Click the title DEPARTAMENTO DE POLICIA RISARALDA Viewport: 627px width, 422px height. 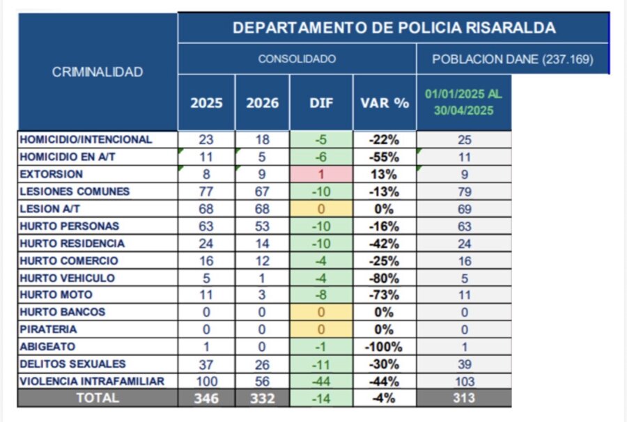394,28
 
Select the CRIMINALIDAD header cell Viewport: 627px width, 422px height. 98,72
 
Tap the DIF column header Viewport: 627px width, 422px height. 321,103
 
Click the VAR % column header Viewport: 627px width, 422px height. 385,103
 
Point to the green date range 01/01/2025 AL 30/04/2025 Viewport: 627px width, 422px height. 463,102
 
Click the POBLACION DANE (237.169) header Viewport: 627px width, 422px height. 512,59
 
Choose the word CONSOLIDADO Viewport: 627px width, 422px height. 297,59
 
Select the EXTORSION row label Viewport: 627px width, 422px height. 52,174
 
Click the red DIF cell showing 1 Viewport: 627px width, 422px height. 321,174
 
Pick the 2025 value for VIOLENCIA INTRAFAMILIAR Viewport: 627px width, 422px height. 206,382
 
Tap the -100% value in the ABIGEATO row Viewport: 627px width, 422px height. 385,347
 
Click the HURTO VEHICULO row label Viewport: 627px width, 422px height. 67,278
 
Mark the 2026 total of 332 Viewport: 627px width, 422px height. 262,399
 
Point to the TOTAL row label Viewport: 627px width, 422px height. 98,398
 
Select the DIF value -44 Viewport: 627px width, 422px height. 321,382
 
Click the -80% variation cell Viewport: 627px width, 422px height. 385,278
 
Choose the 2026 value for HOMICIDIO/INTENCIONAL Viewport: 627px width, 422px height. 262,139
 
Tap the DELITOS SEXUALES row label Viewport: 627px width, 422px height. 73,364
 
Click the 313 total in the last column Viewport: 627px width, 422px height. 464,398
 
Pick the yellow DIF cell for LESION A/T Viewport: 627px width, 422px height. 321,208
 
